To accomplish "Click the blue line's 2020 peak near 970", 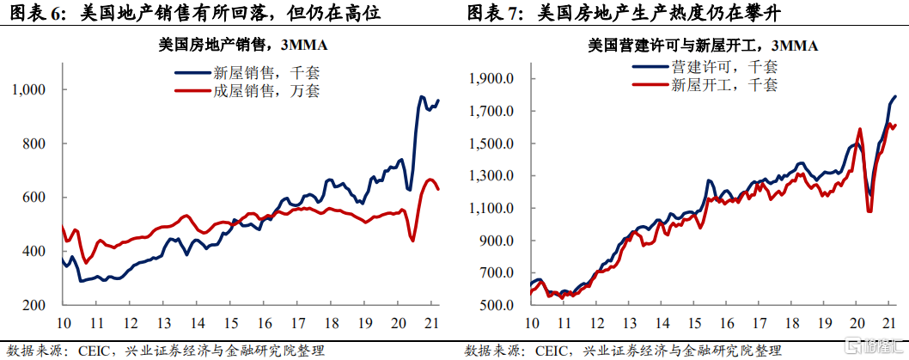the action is (x=422, y=97).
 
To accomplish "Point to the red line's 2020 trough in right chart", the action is (x=869, y=211).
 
